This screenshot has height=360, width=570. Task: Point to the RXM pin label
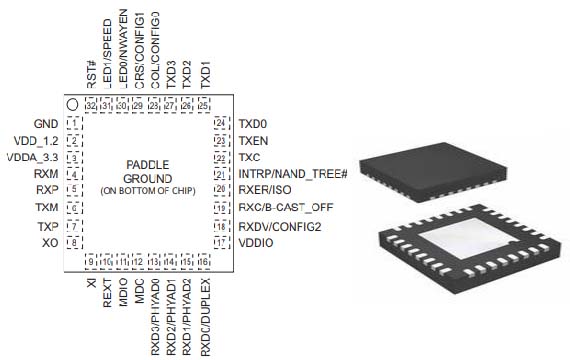coord(45,174)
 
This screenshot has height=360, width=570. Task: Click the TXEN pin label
coord(254,140)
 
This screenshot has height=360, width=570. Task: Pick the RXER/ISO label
coord(265,190)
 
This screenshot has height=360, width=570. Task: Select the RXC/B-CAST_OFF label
coord(286,208)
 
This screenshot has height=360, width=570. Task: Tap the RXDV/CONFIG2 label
coord(279,226)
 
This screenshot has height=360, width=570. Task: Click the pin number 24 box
coord(219,123)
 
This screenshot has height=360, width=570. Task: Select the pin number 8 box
coord(73,242)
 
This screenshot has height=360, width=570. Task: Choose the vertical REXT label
coord(107,298)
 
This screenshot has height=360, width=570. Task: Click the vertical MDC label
coord(139,294)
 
